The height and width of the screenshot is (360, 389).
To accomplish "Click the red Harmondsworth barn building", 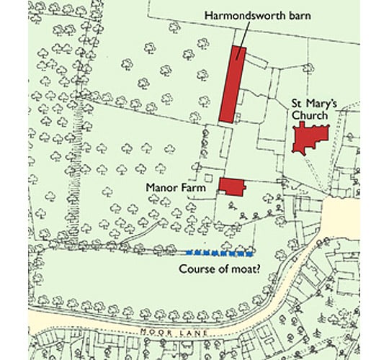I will pos(232,85).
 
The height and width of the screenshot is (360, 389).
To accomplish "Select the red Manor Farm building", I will pos(231,186).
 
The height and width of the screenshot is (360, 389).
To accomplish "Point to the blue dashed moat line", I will pos(218,253).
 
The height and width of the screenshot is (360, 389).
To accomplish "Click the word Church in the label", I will pos(310,115).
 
